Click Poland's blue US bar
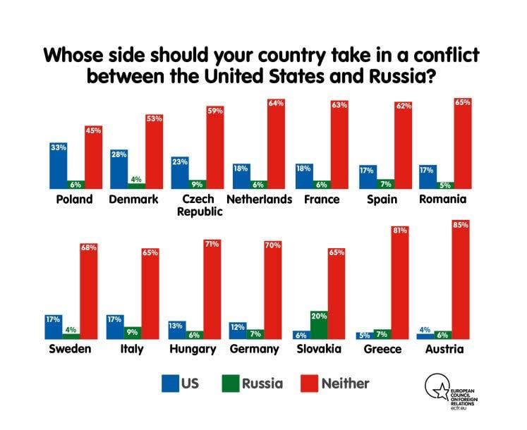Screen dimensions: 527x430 coord(58,166)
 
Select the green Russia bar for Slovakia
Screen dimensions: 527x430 coord(319,325)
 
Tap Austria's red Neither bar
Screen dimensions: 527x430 coord(461,279)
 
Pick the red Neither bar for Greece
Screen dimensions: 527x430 coord(400,283)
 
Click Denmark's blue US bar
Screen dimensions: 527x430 coord(119,169)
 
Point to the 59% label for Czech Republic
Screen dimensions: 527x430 coord(215,111)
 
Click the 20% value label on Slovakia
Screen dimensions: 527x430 coord(319,316)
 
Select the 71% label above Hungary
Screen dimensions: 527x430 coord(212,244)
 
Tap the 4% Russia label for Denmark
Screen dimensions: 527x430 coord(136,179)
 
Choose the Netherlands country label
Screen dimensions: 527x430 coord(260,199)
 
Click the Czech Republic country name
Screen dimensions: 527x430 coord(200,205)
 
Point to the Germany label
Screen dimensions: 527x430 coord(255,350)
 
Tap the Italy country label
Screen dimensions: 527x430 coord(132,349)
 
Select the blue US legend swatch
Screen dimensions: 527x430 coord(170,383)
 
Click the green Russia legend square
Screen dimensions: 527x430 coord(231,383)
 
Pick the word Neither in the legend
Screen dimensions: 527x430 coord(346,383)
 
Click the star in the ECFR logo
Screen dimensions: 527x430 coord(441,391)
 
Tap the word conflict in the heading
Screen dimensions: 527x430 coord(447,55)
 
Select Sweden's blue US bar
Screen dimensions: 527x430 coord(54,327)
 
